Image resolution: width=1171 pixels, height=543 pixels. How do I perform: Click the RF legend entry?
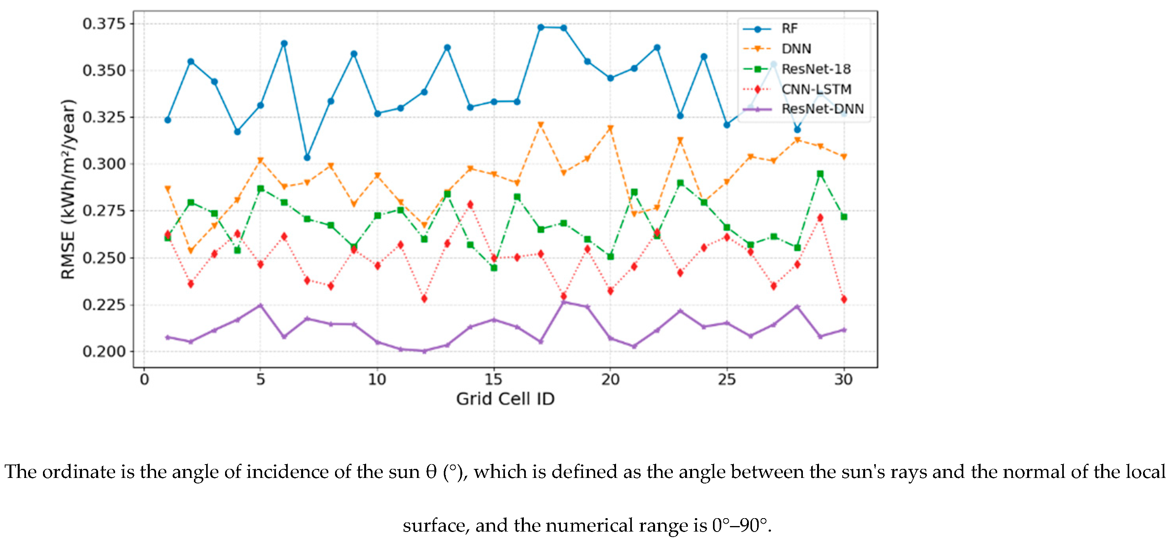coord(789,29)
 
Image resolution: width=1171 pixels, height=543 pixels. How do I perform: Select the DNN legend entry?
coord(796,49)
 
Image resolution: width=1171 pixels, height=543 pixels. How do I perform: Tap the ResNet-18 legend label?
coord(815,69)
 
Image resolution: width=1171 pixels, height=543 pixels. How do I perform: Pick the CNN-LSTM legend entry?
coord(816,89)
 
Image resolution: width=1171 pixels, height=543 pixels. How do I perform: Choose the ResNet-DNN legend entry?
coord(822,109)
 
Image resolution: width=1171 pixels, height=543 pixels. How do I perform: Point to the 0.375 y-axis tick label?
coord(104,24)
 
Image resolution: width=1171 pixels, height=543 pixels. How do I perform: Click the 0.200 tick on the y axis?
coord(104,351)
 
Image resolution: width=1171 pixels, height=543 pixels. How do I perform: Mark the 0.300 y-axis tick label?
coord(104,164)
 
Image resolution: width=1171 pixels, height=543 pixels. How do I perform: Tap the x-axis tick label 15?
coord(493,379)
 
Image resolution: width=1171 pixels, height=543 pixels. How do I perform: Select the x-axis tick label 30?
coord(843,379)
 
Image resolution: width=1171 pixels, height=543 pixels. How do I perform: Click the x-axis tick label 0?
coord(144,379)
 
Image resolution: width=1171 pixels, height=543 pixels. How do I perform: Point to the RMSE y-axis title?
coord(68,189)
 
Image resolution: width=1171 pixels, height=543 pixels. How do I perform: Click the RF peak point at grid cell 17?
coord(540,27)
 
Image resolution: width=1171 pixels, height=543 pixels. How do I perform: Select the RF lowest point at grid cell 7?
coord(307,157)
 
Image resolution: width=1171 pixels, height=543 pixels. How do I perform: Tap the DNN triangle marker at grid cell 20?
coord(610,129)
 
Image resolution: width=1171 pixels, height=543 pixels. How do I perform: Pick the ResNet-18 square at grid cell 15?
coord(494,268)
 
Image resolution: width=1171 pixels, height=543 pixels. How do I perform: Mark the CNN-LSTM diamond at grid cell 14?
coord(470,205)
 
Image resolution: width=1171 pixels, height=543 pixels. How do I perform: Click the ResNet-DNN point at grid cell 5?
coord(261,306)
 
